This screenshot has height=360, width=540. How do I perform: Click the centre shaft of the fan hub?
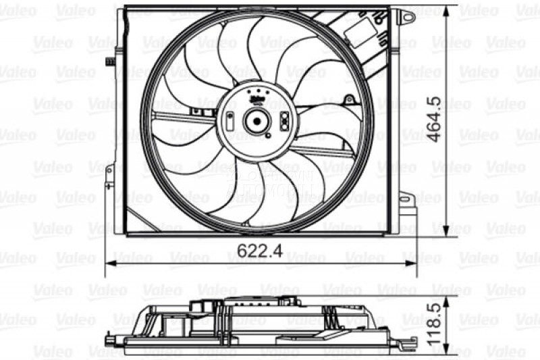coord(257,122)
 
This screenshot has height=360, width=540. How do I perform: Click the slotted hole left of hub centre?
coord(231,122)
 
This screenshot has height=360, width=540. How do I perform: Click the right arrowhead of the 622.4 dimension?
coord(413,262)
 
